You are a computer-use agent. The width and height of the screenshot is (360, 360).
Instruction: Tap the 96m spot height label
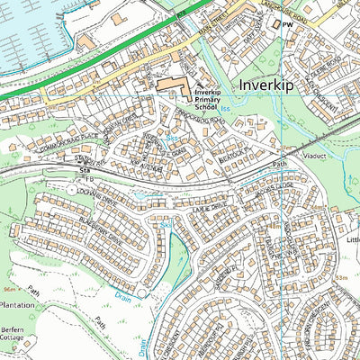[x=10, y=290]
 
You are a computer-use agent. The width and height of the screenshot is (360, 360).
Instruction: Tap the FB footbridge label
[x=89, y=179]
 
